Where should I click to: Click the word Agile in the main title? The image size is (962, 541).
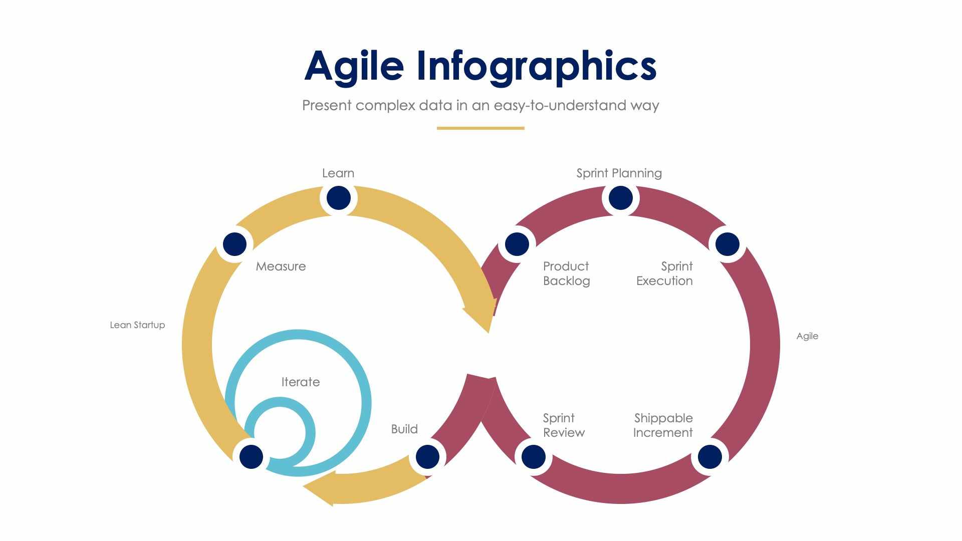coord(354,67)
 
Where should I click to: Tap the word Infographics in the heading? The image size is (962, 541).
coord(536,67)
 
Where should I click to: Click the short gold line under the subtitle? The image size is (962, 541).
coord(480,128)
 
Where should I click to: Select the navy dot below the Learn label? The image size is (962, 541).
coord(338,198)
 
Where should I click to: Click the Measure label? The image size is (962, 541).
coord(281,266)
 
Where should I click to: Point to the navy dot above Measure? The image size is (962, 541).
coord(234,244)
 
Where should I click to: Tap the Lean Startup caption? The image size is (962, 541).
coord(137,325)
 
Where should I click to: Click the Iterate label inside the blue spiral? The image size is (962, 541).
coord(300,382)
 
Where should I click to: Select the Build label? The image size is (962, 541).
coord(404,429)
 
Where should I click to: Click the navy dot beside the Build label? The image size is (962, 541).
coord(427,457)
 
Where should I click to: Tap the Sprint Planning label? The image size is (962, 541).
coord(619,173)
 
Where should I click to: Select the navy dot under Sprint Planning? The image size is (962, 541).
coord(620,198)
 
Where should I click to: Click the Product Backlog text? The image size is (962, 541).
coord(566,274)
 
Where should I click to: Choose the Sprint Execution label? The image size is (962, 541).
coord(664,274)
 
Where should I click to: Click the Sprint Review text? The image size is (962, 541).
coord(564,425)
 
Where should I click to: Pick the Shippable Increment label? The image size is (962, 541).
coord(663,425)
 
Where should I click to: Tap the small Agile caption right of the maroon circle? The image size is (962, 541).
coord(807,336)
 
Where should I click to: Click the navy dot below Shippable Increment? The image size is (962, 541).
coord(709,457)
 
